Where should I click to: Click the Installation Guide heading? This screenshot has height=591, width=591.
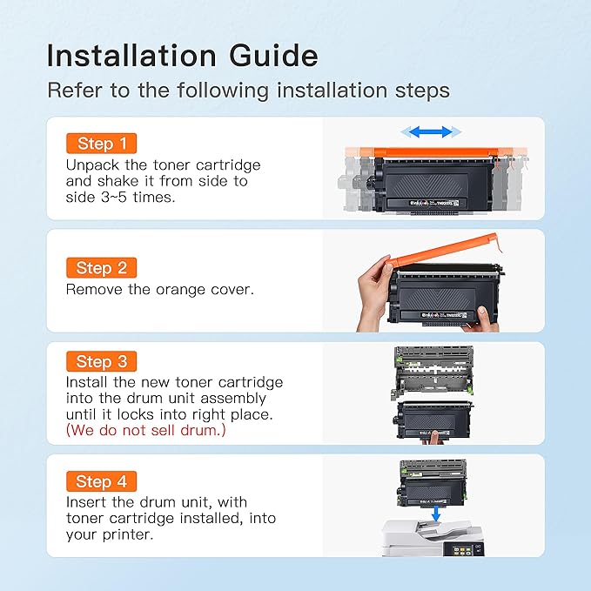[182, 55]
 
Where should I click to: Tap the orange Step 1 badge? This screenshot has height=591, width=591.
[101, 144]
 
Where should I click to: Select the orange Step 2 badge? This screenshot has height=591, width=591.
[101, 268]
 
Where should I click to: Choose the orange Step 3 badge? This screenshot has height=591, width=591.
[101, 361]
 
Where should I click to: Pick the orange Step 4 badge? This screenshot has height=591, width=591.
[101, 481]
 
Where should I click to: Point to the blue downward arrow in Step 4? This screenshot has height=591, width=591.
[435, 517]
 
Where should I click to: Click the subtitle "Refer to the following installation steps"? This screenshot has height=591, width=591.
[248, 90]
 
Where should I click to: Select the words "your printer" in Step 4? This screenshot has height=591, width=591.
[108, 535]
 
